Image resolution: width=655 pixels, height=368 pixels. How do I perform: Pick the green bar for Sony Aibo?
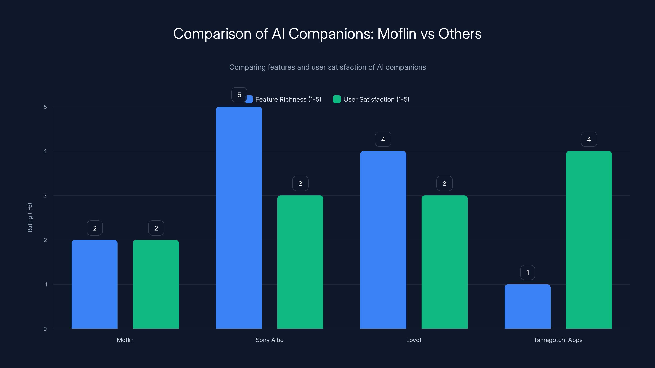coord(300,262)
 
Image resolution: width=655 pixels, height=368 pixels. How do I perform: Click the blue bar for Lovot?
coord(383,240)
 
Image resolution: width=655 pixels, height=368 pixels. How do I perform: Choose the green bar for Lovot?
coord(444,262)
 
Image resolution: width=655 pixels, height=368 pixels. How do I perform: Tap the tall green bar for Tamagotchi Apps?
coord(589,240)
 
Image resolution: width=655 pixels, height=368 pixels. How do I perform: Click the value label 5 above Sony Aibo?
coord(239,95)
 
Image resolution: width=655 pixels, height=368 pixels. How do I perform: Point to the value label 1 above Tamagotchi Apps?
coord(528,273)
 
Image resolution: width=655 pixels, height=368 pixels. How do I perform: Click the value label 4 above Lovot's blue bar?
coord(383,139)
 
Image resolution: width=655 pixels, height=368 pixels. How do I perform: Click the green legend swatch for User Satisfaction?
coord(337,99)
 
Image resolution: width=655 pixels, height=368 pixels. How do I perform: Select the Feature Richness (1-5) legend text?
coord(288,99)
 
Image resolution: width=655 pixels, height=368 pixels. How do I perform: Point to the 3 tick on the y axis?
coord(45,196)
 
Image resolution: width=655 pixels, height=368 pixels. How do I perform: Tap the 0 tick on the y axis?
coord(45,329)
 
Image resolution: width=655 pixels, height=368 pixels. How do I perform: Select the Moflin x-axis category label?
coord(125,340)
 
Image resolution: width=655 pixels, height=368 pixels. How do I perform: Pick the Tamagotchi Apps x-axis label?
coord(558,340)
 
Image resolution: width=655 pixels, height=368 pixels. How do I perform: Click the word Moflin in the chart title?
coord(397,34)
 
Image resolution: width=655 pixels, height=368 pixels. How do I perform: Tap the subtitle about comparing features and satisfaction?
coord(327,67)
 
